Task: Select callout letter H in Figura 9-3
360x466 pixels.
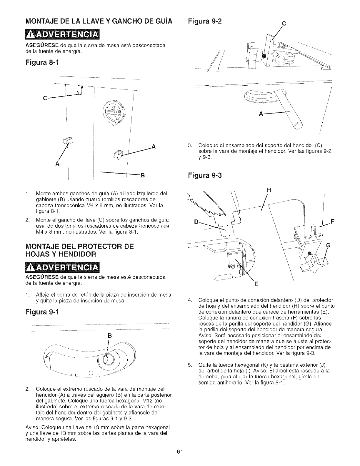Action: coord(268,190)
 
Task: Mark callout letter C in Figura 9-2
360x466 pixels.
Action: coord(284,24)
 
